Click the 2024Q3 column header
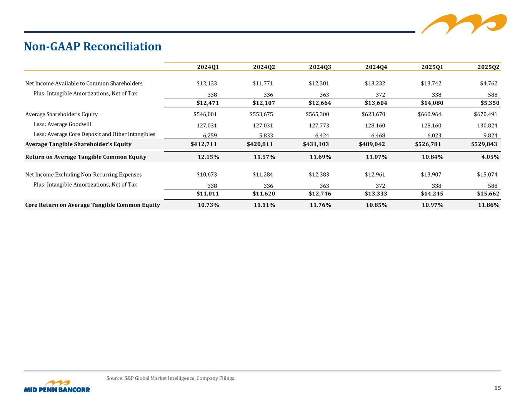[x=320, y=67]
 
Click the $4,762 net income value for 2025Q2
[x=488, y=84]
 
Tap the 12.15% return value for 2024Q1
[x=208, y=157]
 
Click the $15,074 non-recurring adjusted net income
[x=487, y=175]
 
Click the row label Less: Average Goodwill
[x=62, y=124]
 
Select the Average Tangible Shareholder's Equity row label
[x=78, y=144]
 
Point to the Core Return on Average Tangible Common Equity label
[x=92, y=205]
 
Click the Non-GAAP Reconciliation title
[x=93, y=47]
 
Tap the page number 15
[x=497, y=388]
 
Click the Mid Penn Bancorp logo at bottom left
[x=57, y=387]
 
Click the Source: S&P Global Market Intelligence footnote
[x=171, y=378]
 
